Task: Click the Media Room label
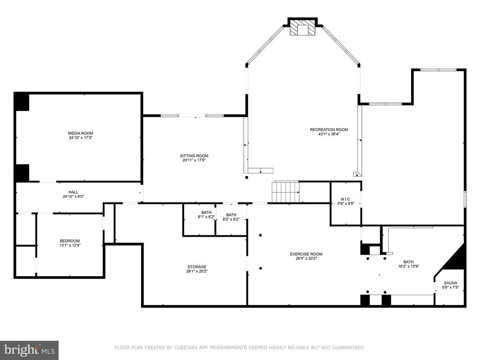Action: [x=81, y=133]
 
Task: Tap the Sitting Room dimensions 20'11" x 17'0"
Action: [x=194, y=160]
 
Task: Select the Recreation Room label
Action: [x=329, y=129]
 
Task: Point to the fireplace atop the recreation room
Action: [x=302, y=27]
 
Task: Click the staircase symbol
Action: [x=285, y=192]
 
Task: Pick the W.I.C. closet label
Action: [x=346, y=199]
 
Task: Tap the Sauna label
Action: [x=450, y=283]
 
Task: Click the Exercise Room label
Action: [x=306, y=254]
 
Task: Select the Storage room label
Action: [x=197, y=267]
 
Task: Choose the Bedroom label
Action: [x=70, y=240]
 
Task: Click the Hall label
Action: [x=73, y=192]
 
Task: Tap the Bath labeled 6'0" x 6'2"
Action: [x=231, y=217]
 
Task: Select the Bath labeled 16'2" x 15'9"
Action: [x=408, y=264]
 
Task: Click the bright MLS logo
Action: [x=30, y=350]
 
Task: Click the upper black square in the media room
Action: [x=22, y=102]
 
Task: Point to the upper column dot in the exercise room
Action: [x=261, y=235]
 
